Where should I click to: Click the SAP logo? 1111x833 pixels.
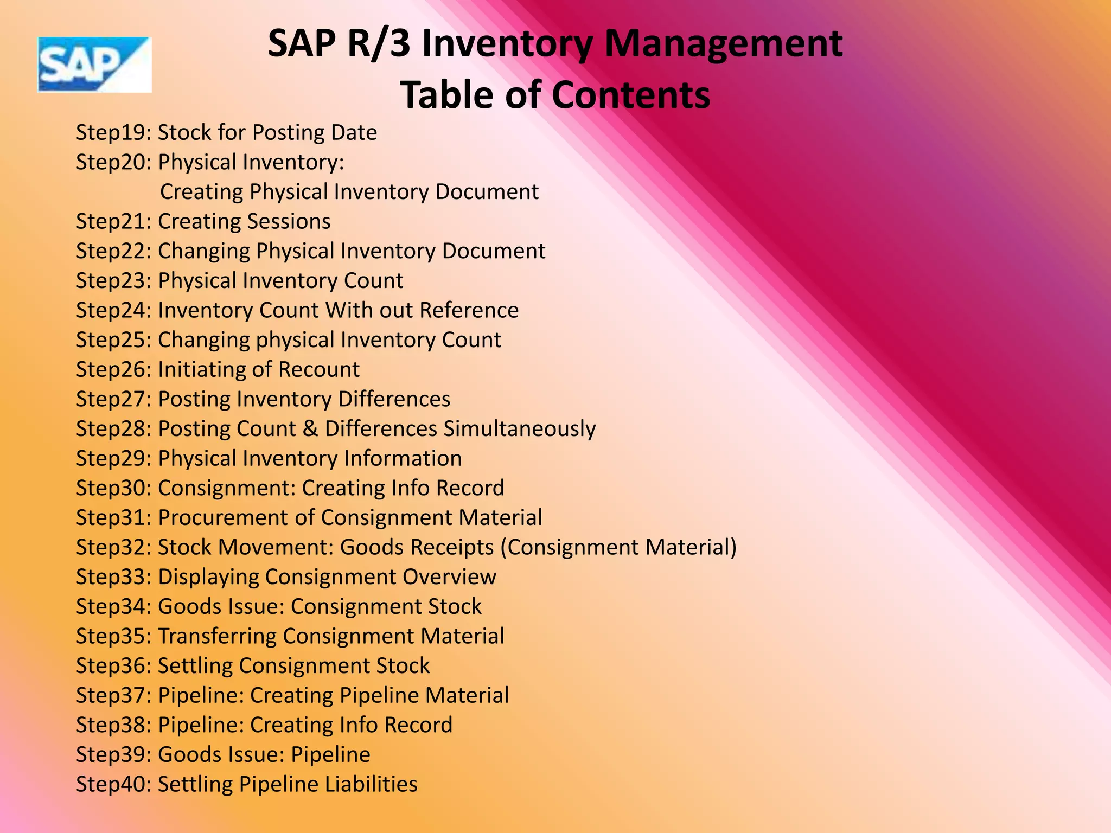point(94,65)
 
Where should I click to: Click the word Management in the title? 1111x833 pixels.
point(723,43)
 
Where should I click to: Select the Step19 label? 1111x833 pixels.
point(113,133)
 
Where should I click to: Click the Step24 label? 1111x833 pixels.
point(113,310)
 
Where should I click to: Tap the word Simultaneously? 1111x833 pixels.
point(519,429)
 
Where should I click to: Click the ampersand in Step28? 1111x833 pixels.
point(310,428)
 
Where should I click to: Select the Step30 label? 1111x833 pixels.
point(113,488)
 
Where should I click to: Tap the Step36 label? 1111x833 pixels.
point(113,666)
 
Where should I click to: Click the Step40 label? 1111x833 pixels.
point(113,784)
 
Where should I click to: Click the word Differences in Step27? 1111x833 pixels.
point(394,399)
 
